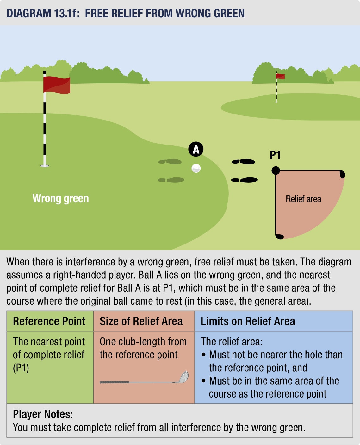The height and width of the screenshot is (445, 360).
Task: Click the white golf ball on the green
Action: click(x=196, y=168)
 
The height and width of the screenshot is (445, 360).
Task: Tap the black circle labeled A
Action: click(x=196, y=149)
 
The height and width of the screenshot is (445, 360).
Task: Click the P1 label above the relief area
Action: click(x=275, y=155)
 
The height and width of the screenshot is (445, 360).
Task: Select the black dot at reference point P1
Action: click(x=276, y=170)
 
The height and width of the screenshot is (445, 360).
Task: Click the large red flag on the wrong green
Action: click(x=57, y=85)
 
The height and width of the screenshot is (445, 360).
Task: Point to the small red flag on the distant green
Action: click(x=280, y=76)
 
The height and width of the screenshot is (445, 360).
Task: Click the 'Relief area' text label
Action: click(x=303, y=199)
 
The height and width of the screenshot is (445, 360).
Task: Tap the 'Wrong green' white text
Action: click(x=60, y=199)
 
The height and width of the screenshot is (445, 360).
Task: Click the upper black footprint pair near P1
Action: click(x=243, y=162)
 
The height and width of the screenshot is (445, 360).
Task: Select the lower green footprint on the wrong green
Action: click(x=171, y=180)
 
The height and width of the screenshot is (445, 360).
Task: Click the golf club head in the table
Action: click(x=184, y=377)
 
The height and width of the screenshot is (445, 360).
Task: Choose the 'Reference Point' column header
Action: click(x=49, y=321)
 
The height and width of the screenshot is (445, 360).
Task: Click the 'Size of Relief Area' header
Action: click(x=141, y=321)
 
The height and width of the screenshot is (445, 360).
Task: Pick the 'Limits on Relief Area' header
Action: click(x=248, y=321)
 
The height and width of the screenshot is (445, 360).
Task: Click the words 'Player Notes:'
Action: click(x=43, y=414)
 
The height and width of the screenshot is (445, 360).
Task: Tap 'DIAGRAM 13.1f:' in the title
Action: click(x=43, y=13)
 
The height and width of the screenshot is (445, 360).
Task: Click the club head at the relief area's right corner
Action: click(x=342, y=174)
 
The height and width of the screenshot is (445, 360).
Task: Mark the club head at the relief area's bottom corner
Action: click(x=279, y=236)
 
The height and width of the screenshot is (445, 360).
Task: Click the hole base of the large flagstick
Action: click(x=45, y=165)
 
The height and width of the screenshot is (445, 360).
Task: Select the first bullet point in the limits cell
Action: click(x=203, y=355)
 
